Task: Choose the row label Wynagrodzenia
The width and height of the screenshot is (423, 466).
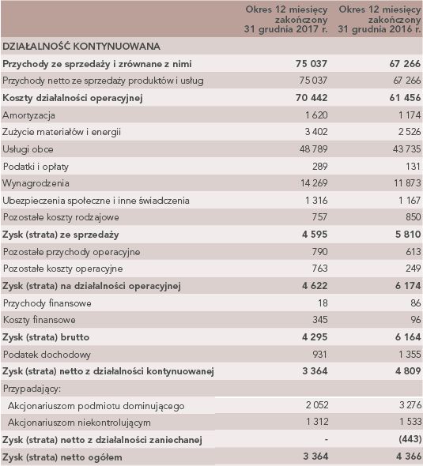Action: pyautogui.click(x=36, y=183)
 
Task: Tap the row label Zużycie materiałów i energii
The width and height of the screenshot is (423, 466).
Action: pyautogui.click(x=62, y=132)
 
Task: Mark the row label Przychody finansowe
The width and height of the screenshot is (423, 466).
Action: pyautogui.click(x=47, y=303)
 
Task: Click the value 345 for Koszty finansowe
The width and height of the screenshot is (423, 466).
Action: pyautogui.click(x=319, y=320)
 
